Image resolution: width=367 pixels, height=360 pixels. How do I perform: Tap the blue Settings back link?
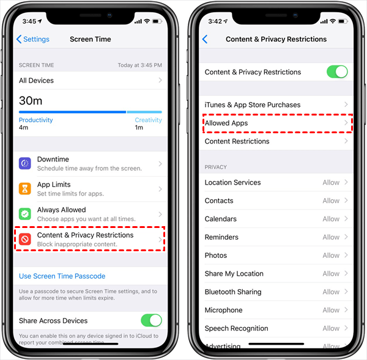click(x=33, y=39)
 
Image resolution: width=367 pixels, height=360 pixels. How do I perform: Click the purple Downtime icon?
click(x=25, y=163)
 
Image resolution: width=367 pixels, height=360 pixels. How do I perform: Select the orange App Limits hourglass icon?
click(x=25, y=188)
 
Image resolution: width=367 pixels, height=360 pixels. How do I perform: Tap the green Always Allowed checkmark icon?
click(x=25, y=214)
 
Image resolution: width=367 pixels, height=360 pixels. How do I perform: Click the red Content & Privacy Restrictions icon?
click(x=25, y=239)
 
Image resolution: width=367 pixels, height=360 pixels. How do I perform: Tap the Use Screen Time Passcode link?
click(x=62, y=276)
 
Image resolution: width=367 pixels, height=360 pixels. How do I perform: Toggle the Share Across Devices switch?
click(x=151, y=320)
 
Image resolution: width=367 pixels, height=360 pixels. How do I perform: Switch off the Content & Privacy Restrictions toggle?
click(x=337, y=72)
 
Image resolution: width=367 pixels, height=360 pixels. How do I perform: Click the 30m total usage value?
click(x=31, y=101)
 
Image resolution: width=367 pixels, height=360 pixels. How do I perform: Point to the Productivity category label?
click(x=36, y=120)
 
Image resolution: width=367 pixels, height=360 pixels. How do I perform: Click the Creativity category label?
click(x=149, y=120)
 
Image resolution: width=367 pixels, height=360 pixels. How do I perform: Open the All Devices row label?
click(x=36, y=81)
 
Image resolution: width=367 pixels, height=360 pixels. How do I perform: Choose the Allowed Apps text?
click(x=226, y=123)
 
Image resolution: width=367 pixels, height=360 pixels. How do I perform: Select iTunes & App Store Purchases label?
click(x=253, y=105)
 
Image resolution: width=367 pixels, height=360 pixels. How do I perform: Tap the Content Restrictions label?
click(x=237, y=141)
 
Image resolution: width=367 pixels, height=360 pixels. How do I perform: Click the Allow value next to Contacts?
click(x=331, y=200)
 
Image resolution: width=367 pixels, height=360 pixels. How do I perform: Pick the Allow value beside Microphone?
click(x=331, y=310)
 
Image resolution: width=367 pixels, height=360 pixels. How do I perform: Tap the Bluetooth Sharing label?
click(x=233, y=292)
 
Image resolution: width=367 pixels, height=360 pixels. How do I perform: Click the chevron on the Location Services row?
click(x=346, y=182)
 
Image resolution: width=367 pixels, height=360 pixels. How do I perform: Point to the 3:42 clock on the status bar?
click(x=215, y=21)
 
